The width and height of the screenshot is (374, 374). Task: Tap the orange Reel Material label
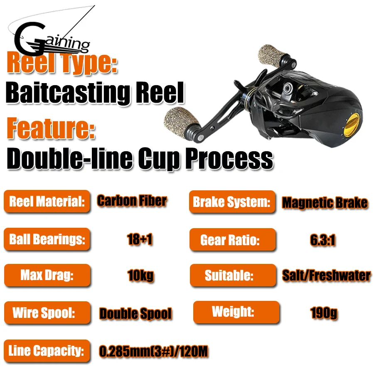click(x=47, y=202)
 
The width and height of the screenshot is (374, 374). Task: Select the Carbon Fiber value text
click(x=132, y=201)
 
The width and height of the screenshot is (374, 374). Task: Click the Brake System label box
click(x=232, y=202)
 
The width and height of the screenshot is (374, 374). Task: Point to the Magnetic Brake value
click(x=325, y=203)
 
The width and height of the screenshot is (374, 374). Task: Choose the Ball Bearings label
click(x=47, y=239)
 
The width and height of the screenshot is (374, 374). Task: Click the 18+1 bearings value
click(x=140, y=240)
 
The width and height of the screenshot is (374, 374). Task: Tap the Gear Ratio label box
click(x=232, y=240)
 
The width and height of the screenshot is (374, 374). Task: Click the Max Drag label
click(x=47, y=276)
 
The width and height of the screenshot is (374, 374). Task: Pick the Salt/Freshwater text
click(x=326, y=275)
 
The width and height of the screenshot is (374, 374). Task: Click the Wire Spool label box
click(x=47, y=312)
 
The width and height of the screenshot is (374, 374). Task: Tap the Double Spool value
click(x=135, y=314)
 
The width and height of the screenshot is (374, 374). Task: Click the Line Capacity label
click(x=47, y=351)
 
